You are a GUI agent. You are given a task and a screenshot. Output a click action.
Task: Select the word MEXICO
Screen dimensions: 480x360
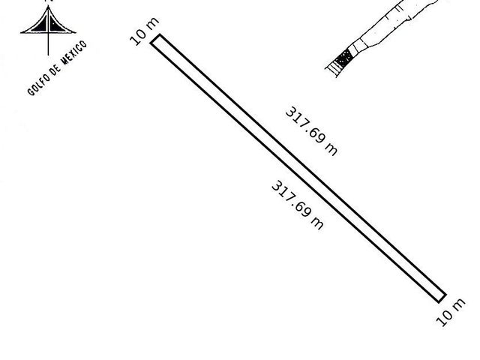pyautogui.click(x=75, y=52)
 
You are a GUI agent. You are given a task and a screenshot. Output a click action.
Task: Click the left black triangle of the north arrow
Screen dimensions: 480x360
pyautogui.click(x=40, y=25)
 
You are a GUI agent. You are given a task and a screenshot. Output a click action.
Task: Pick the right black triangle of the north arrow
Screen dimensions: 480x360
pyautogui.click(x=56, y=25)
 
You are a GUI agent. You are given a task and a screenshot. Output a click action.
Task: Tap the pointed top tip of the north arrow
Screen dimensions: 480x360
pyautogui.click(x=48, y=6)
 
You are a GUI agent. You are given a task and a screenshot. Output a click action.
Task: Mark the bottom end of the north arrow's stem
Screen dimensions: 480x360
pyautogui.click(x=48, y=55)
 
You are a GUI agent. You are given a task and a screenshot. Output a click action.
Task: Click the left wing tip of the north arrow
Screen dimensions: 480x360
pyautogui.click(x=21, y=32)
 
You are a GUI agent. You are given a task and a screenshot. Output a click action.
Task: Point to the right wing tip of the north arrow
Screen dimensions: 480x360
pyautogui.click(x=76, y=32)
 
